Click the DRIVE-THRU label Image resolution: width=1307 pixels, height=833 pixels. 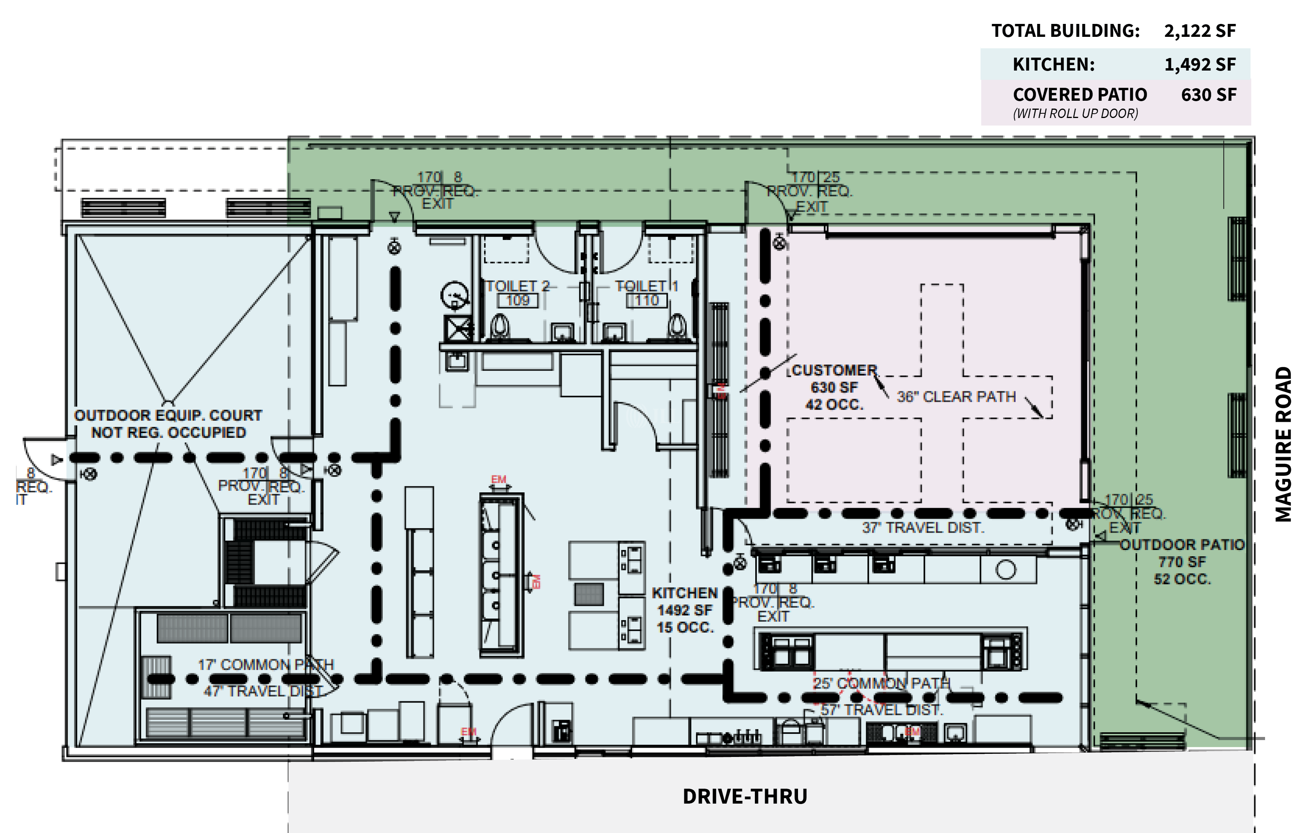[745, 796]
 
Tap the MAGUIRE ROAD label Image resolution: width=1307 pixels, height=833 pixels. [1283, 444]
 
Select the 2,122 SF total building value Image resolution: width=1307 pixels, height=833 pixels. [1200, 31]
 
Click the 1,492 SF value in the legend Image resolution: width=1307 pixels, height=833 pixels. [1200, 65]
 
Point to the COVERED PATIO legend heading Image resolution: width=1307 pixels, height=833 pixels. [1080, 95]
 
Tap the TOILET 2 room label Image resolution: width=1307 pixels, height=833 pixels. [517, 286]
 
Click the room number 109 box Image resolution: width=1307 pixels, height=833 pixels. [518, 301]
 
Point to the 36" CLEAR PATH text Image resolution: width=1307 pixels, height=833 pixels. [956, 397]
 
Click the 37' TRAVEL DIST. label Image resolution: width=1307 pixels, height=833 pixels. [923, 528]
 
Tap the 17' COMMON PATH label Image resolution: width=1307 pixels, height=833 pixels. [265, 665]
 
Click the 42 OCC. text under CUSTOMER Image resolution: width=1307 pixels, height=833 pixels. [834, 405]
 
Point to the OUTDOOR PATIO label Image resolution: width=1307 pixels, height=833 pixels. [1182, 545]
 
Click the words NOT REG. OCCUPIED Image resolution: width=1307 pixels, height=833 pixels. [168, 432]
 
